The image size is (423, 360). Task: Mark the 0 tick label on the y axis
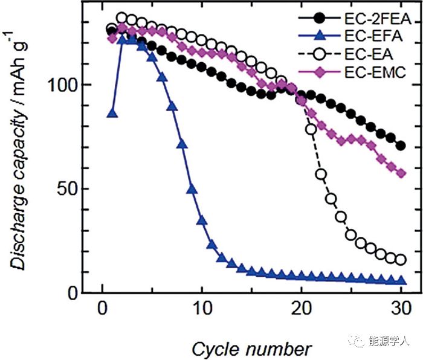click(x=80, y=294)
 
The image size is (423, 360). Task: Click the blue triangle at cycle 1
click(x=112, y=114)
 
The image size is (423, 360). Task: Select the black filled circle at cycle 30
click(x=400, y=146)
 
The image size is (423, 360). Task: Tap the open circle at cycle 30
click(x=400, y=260)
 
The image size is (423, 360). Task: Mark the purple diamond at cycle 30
click(x=400, y=173)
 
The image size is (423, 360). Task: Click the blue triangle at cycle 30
click(x=400, y=281)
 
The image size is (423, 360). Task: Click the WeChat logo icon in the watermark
click(x=356, y=341)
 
